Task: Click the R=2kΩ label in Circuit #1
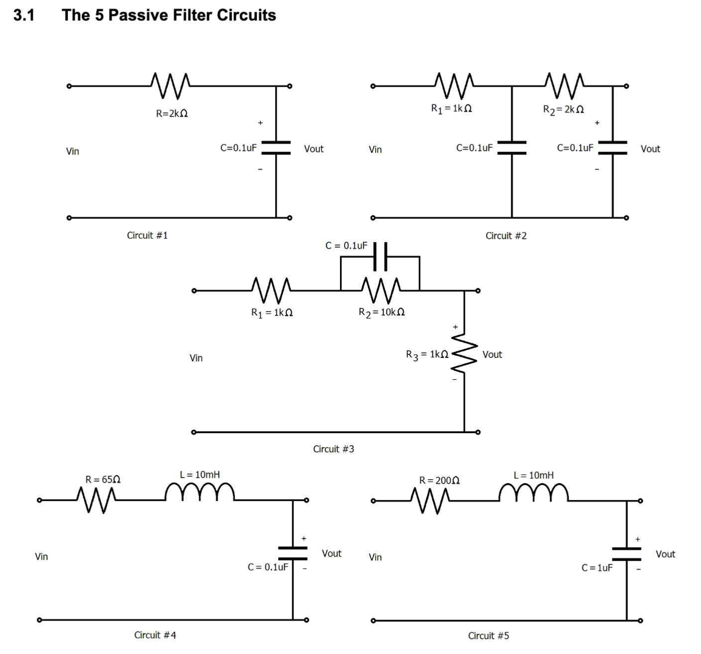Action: (x=172, y=114)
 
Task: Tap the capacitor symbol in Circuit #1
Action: (x=276, y=147)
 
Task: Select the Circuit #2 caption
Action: (x=506, y=236)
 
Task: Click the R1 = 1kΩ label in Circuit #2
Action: (x=451, y=108)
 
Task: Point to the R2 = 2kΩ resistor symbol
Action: (x=564, y=85)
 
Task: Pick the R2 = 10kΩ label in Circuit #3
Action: (x=381, y=312)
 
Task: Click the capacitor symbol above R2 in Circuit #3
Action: (x=380, y=256)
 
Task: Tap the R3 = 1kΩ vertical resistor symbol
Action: (x=465, y=354)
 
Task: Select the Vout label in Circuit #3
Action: (x=492, y=354)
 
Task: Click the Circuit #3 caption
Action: (x=333, y=449)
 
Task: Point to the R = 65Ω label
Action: (x=103, y=480)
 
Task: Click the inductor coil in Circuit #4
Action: (x=200, y=492)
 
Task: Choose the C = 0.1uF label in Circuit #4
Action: (x=268, y=567)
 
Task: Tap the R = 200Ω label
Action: (x=439, y=481)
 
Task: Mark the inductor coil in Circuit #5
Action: (x=533, y=492)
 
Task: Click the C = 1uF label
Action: (x=597, y=568)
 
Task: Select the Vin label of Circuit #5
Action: (x=375, y=557)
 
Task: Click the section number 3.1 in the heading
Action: (x=24, y=15)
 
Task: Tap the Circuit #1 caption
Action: (x=147, y=235)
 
